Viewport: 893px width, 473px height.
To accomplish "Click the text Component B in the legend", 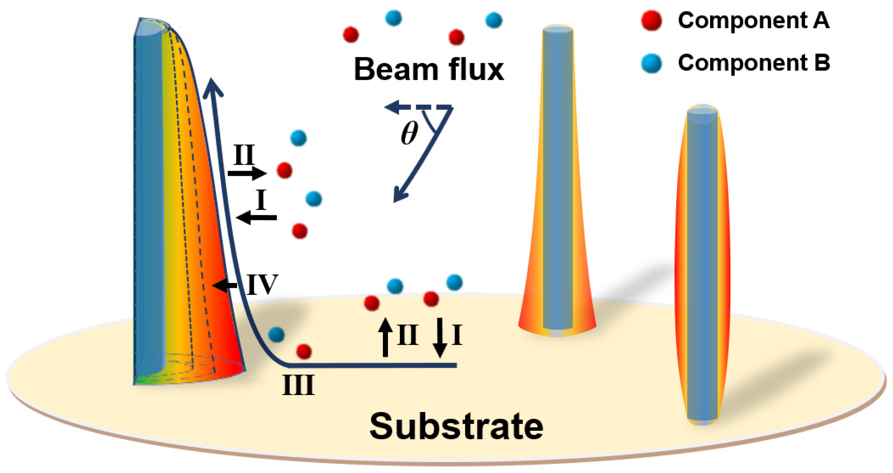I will coord(754,63).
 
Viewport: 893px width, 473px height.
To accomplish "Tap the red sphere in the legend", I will coord(652,21).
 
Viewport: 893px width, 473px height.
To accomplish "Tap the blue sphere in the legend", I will coord(652,64).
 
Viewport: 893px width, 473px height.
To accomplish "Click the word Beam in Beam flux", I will coord(395,70).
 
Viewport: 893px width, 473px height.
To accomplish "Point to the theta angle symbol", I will coord(409,134).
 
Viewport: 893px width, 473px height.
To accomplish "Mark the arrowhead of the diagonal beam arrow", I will coord(399,196).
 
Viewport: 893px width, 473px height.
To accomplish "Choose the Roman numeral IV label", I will coord(262,285).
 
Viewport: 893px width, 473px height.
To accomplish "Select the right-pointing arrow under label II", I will coord(247,173).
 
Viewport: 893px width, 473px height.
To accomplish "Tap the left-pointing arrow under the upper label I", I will coord(256,218).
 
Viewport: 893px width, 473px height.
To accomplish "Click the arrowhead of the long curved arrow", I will coord(212,87).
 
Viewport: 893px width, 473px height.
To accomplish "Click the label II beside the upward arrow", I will coord(408,335).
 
